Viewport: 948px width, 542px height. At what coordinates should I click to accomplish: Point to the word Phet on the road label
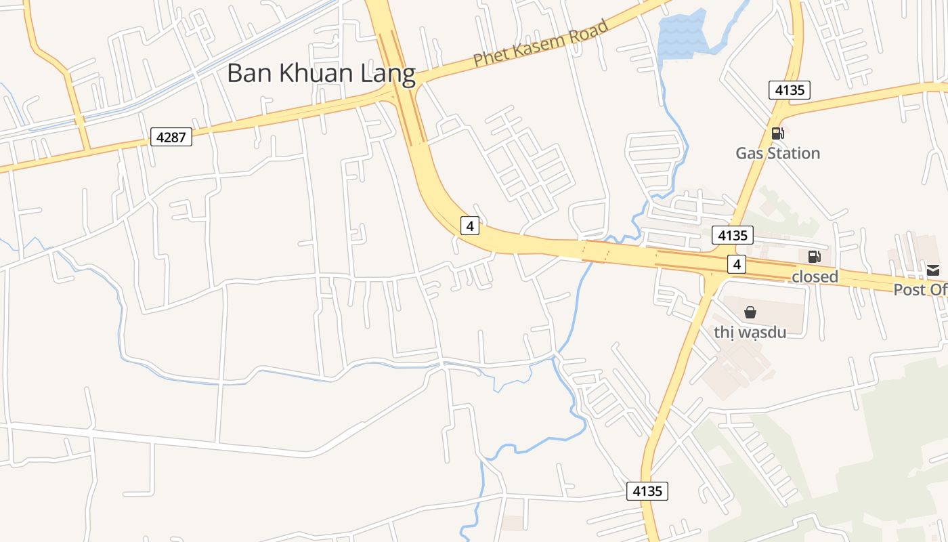pyautogui.click(x=489, y=56)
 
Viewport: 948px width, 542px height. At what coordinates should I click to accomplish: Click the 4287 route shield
pyautogui.click(x=171, y=138)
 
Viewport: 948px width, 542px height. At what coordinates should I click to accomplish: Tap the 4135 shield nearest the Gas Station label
pyautogui.click(x=790, y=89)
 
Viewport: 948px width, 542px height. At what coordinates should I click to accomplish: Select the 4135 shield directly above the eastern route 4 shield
pyautogui.click(x=733, y=235)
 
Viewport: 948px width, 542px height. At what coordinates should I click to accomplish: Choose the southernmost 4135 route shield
pyautogui.click(x=647, y=491)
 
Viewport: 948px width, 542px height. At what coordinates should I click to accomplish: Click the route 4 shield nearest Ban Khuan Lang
pyautogui.click(x=470, y=225)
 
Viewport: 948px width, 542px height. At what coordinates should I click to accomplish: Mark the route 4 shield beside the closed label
pyautogui.click(x=737, y=264)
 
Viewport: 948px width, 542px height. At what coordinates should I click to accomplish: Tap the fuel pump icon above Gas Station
pyautogui.click(x=777, y=133)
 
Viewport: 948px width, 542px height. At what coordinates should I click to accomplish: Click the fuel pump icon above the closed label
pyautogui.click(x=814, y=257)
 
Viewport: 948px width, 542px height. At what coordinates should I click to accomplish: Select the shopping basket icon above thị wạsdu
pyautogui.click(x=750, y=312)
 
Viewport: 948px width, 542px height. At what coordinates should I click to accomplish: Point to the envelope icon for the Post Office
pyautogui.click(x=933, y=271)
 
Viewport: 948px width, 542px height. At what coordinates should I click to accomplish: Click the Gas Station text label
pyautogui.click(x=778, y=153)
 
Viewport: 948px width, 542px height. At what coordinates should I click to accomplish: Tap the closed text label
pyautogui.click(x=815, y=276)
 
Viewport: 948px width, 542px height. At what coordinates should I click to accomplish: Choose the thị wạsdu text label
pyautogui.click(x=750, y=333)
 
